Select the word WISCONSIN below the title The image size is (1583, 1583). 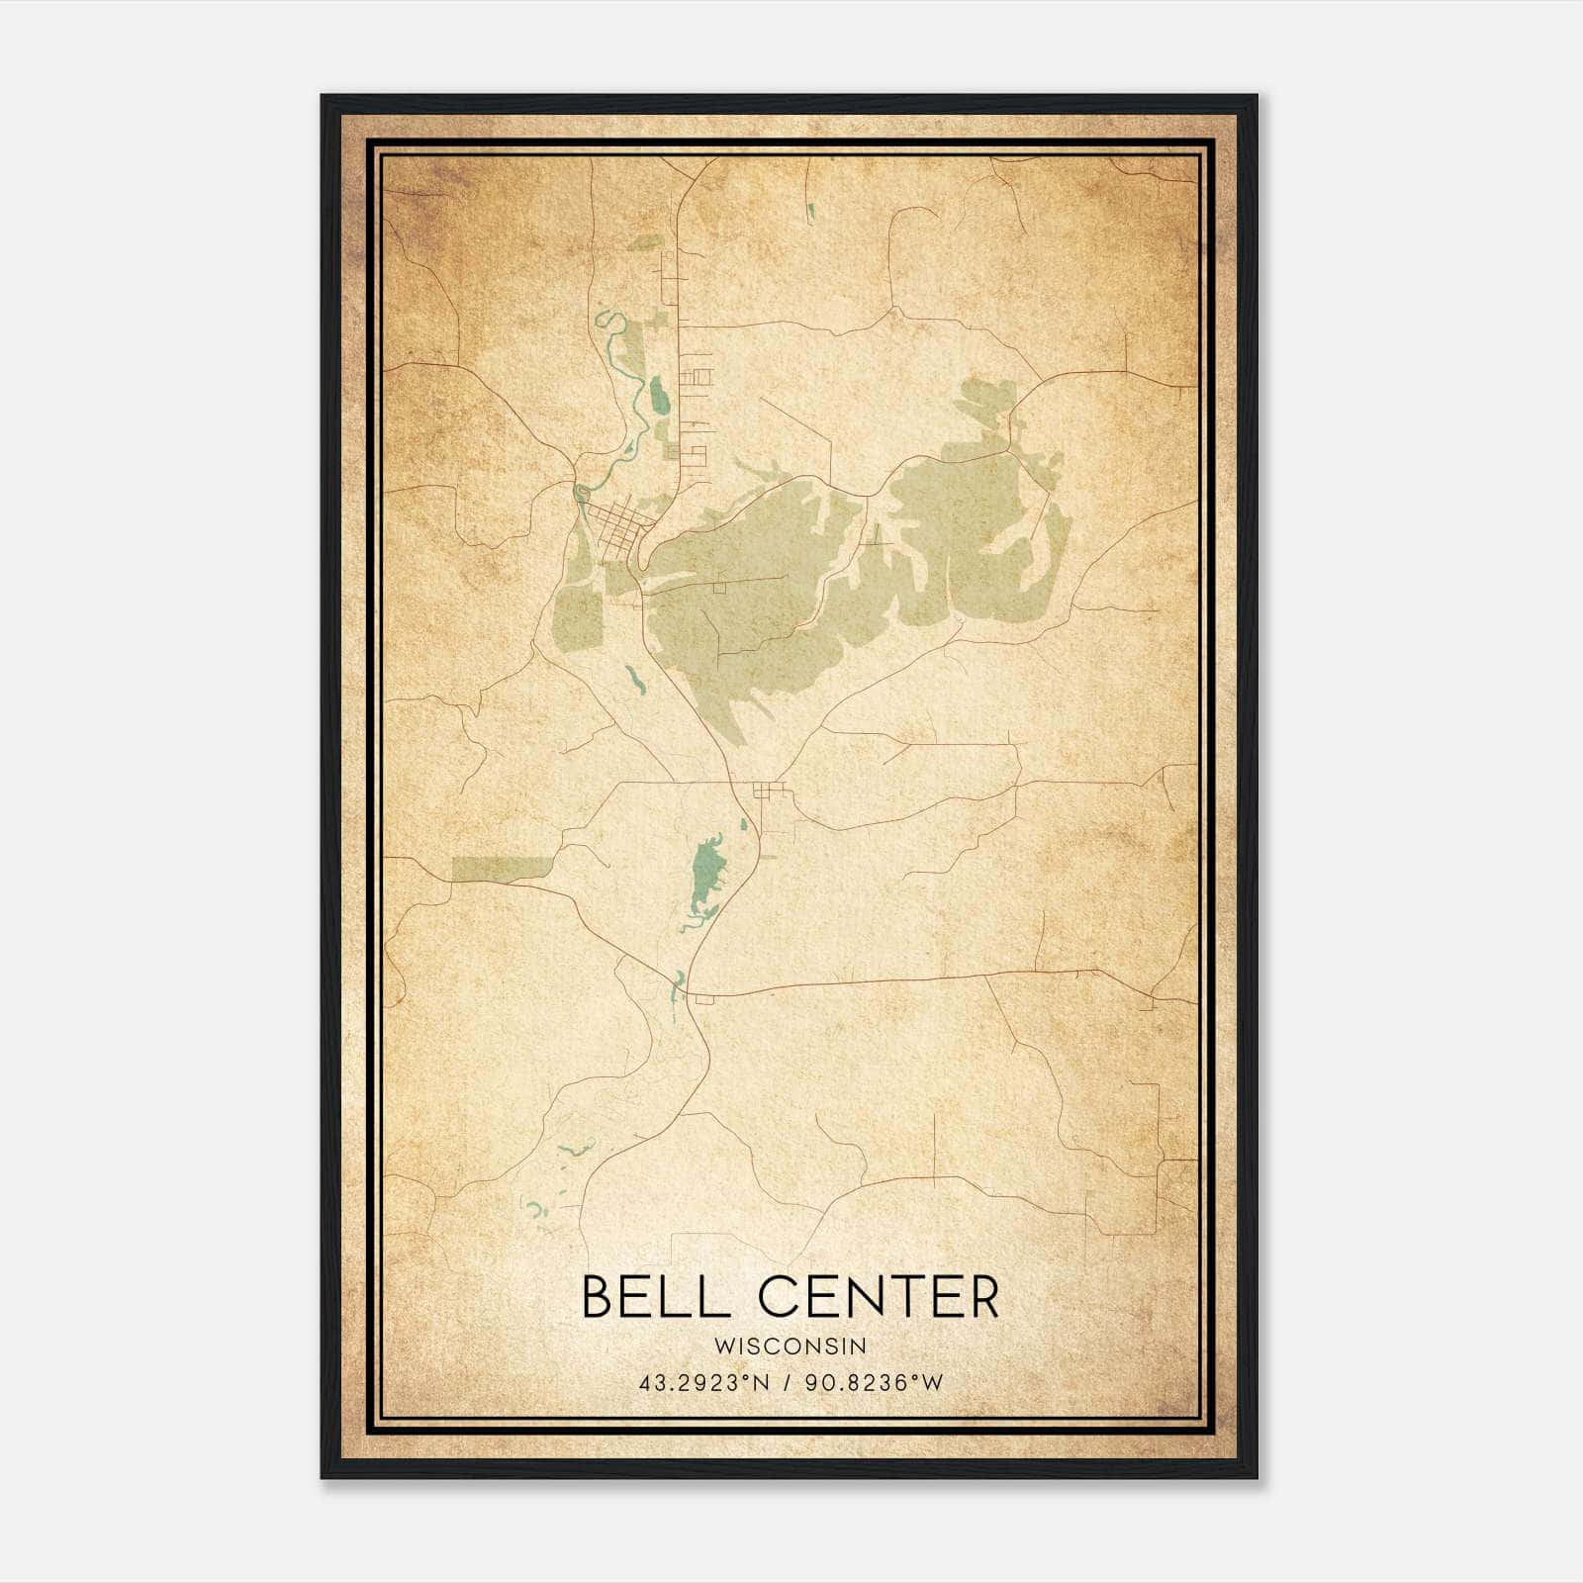click(791, 1346)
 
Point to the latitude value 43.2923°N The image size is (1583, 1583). click(703, 1382)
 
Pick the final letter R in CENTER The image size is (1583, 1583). click(982, 1297)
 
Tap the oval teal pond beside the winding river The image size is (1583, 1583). click(658, 397)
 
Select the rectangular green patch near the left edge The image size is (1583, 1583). click(502, 868)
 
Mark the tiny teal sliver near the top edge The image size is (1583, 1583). click(810, 210)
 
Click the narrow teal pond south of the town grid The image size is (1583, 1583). click(633, 678)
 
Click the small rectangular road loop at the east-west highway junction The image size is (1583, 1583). click(704, 1001)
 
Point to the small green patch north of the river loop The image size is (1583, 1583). click(645, 241)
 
